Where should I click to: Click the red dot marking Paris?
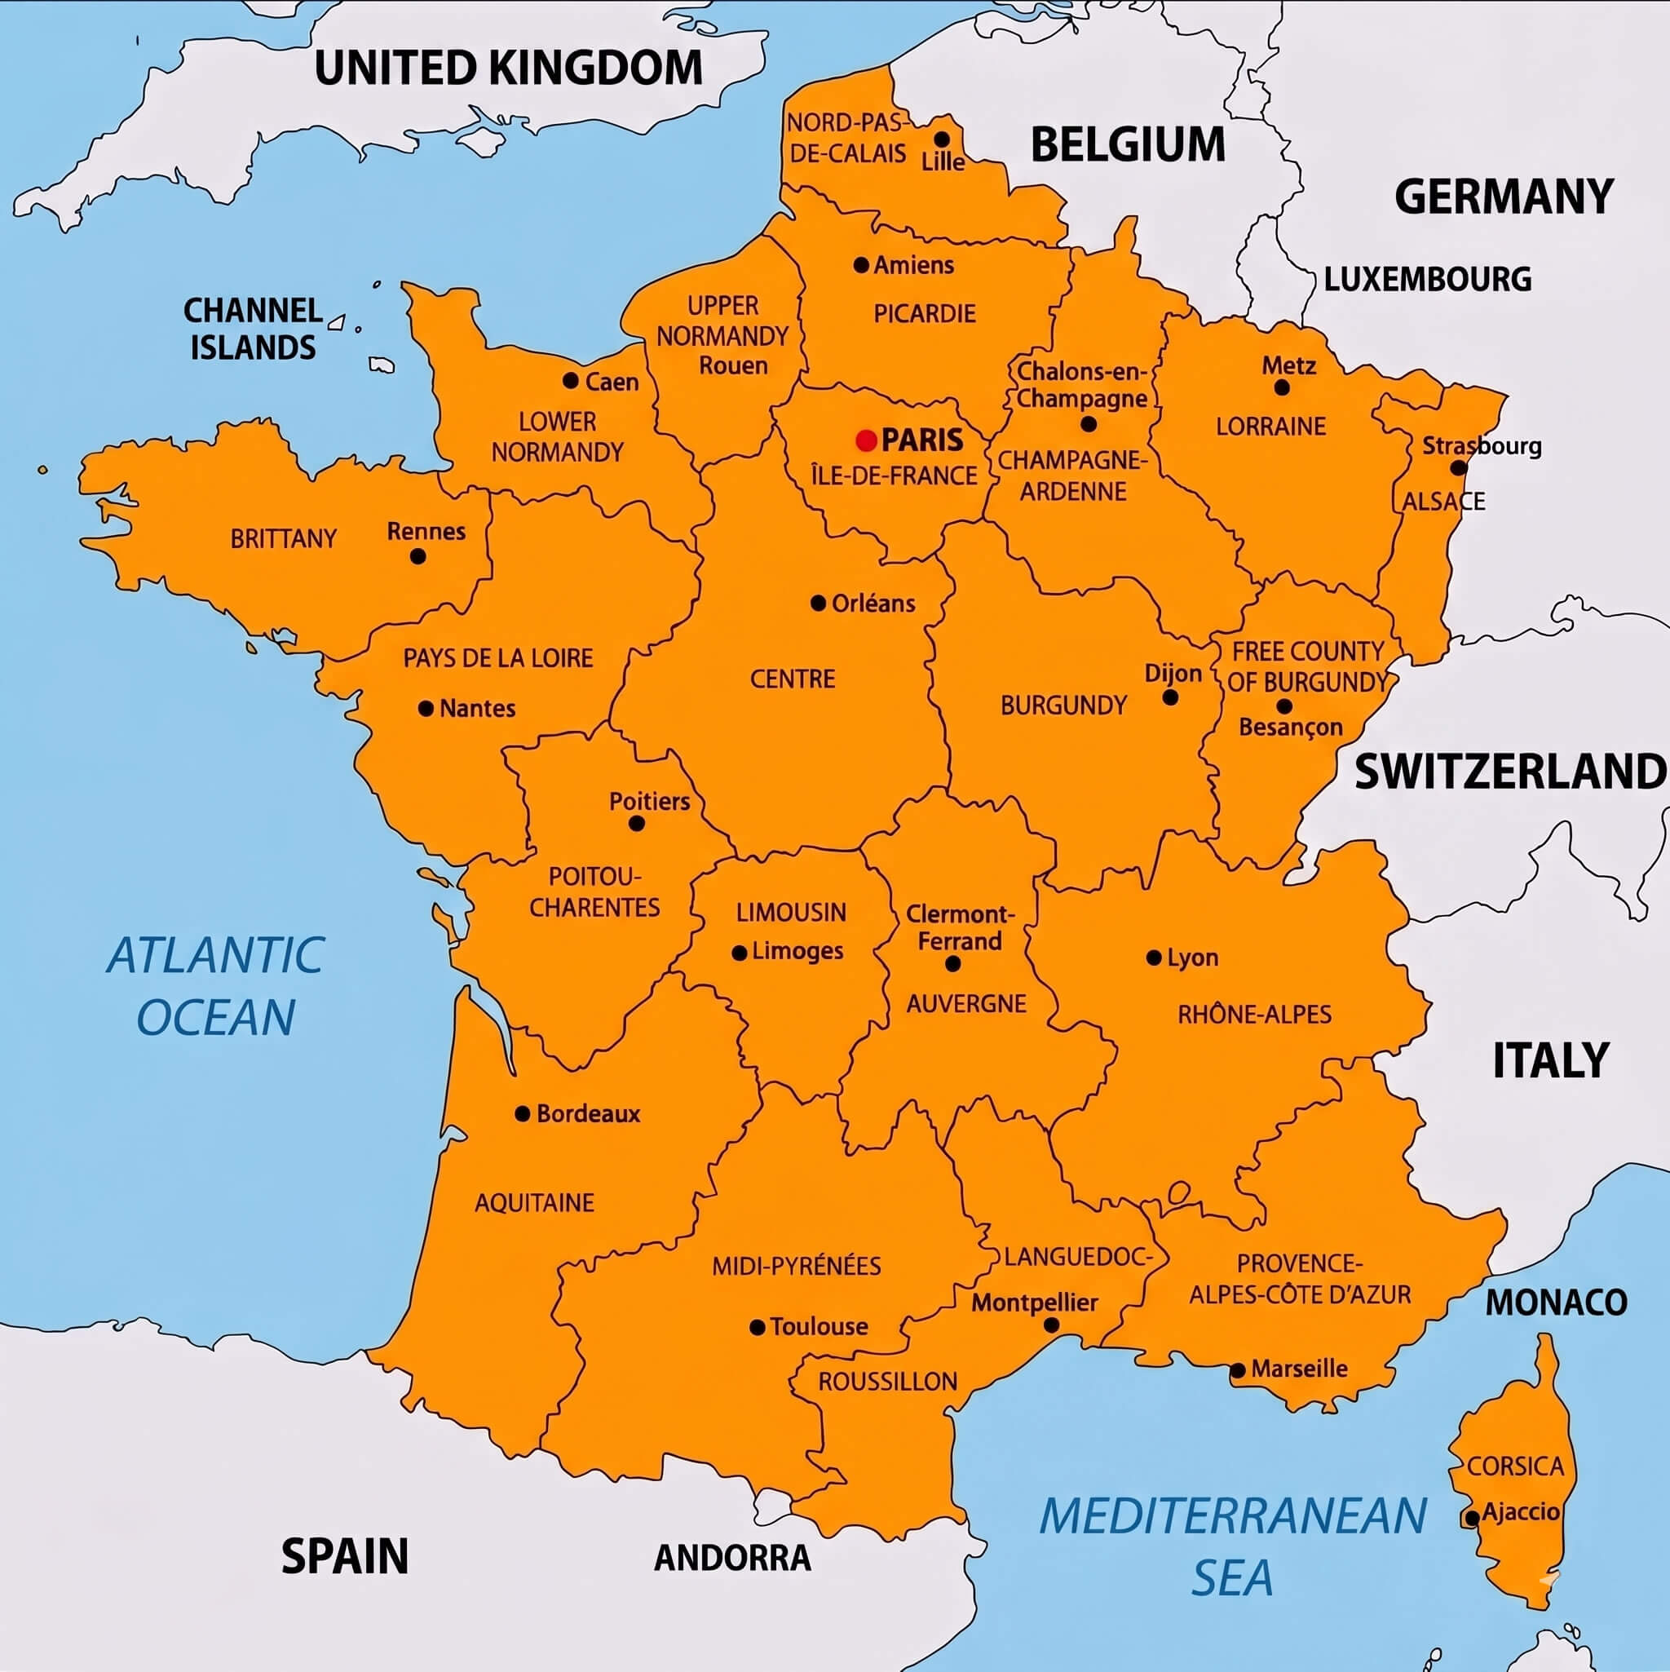(866, 440)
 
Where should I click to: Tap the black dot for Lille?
(942, 139)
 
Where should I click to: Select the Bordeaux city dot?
(523, 1114)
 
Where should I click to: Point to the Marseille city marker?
(1238, 1370)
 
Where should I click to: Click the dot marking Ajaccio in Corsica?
(1472, 1518)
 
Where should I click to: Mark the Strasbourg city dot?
(1458, 468)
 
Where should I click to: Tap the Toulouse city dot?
(757, 1327)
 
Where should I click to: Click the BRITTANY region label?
(283, 539)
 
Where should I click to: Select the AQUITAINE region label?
(534, 1202)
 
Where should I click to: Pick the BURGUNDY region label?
(1063, 706)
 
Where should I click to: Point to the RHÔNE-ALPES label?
(1254, 1015)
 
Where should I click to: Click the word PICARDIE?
(924, 313)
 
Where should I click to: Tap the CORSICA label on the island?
(1515, 1466)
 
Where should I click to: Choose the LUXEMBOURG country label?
(1428, 280)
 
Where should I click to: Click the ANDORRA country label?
(732, 1558)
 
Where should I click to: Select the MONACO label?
(1556, 1303)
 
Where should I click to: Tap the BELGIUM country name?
(1128, 144)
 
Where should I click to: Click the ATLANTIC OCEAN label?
(216, 986)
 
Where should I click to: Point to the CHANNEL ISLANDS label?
(253, 329)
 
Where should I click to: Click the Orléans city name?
(873, 604)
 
